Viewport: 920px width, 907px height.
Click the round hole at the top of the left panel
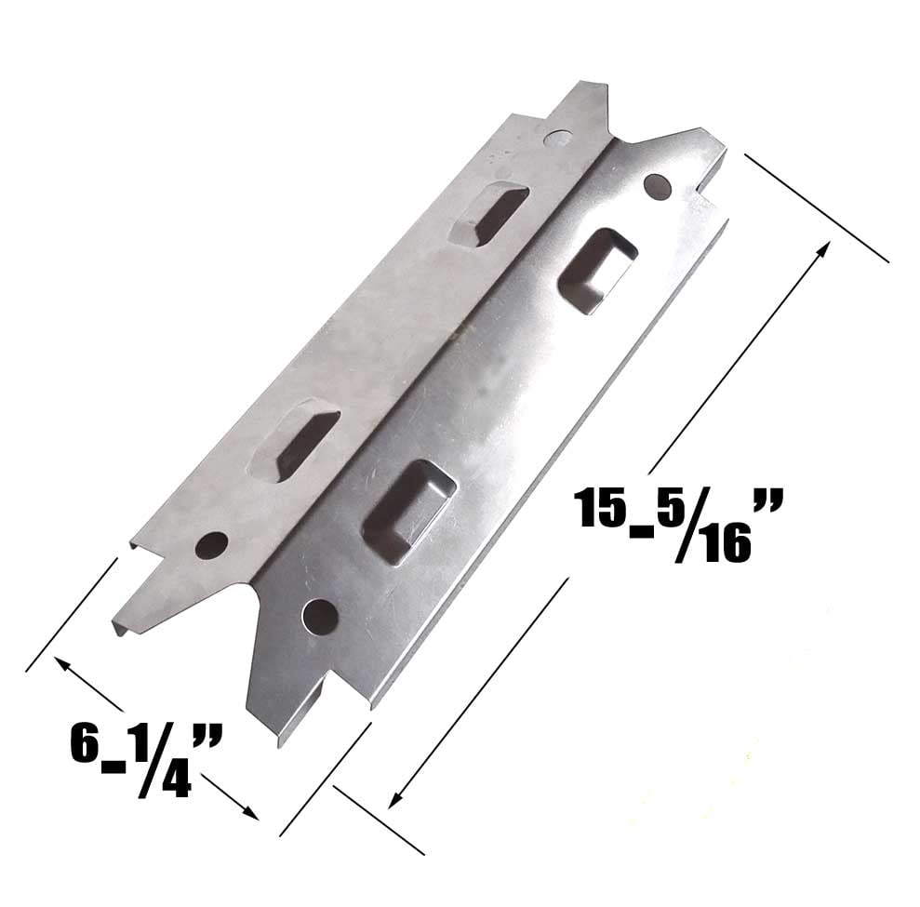click(557, 139)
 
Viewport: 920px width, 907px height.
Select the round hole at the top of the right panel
click(657, 187)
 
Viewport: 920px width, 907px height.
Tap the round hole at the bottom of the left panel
click(211, 545)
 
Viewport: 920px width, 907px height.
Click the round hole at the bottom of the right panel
click(320, 616)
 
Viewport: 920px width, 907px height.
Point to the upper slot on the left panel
click(487, 213)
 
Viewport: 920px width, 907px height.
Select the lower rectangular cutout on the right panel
click(408, 511)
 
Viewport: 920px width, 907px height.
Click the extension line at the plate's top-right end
click(816, 207)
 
